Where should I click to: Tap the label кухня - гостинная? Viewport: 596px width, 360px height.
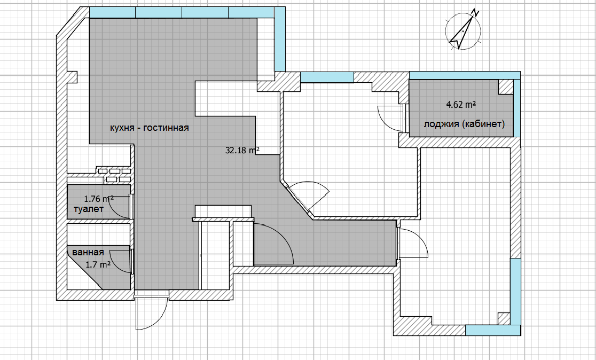(x=150, y=128)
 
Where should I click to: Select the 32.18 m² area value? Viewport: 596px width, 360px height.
(x=242, y=150)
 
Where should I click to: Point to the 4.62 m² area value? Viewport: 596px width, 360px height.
(x=461, y=105)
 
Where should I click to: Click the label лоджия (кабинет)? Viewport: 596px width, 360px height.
(x=465, y=124)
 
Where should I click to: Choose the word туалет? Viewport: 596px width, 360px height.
(x=89, y=209)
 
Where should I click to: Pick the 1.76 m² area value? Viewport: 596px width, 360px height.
(x=99, y=199)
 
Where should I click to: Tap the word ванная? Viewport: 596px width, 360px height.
(x=88, y=253)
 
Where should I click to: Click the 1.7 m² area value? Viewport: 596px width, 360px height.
(x=98, y=264)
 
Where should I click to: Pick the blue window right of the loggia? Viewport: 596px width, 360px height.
(x=516, y=108)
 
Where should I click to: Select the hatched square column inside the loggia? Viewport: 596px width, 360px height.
(x=506, y=87)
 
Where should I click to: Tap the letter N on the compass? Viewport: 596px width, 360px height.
(x=475, y=12)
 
